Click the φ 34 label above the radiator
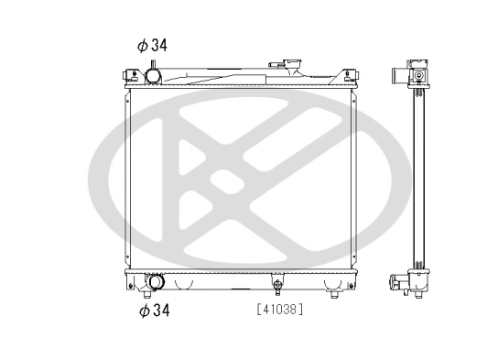[153, 45]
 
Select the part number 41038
[280, 310]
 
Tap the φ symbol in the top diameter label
[141, 45]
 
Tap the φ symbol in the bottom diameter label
[143, 311]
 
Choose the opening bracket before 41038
[259, 310]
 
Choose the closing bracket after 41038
[301, 310]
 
